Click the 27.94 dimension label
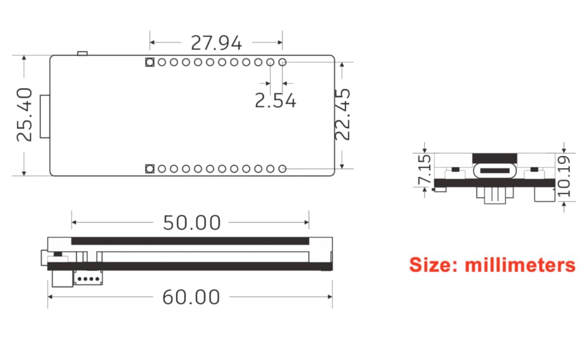click(x=216, y=43)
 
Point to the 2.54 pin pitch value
click(x=275, y=100)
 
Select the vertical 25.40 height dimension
click(x=24, y=115)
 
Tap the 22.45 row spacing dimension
click(x=343, y=115)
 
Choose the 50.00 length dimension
click(x=192, y=223)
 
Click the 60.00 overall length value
click(x=191, y=297)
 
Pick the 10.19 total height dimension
click(x=564, y=177)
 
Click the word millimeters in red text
click(x=520, y=265)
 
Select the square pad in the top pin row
click(x=149, y=62)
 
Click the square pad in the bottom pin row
click(x=149, y=169)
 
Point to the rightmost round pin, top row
click(x=282, y=62)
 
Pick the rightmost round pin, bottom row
click(x=282, y=169)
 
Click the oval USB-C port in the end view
click(x=495, y=170)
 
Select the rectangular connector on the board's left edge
click(x=44, y=116)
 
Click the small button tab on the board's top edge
click(x=82, y=55)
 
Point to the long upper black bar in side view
click(x=190, y=241)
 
